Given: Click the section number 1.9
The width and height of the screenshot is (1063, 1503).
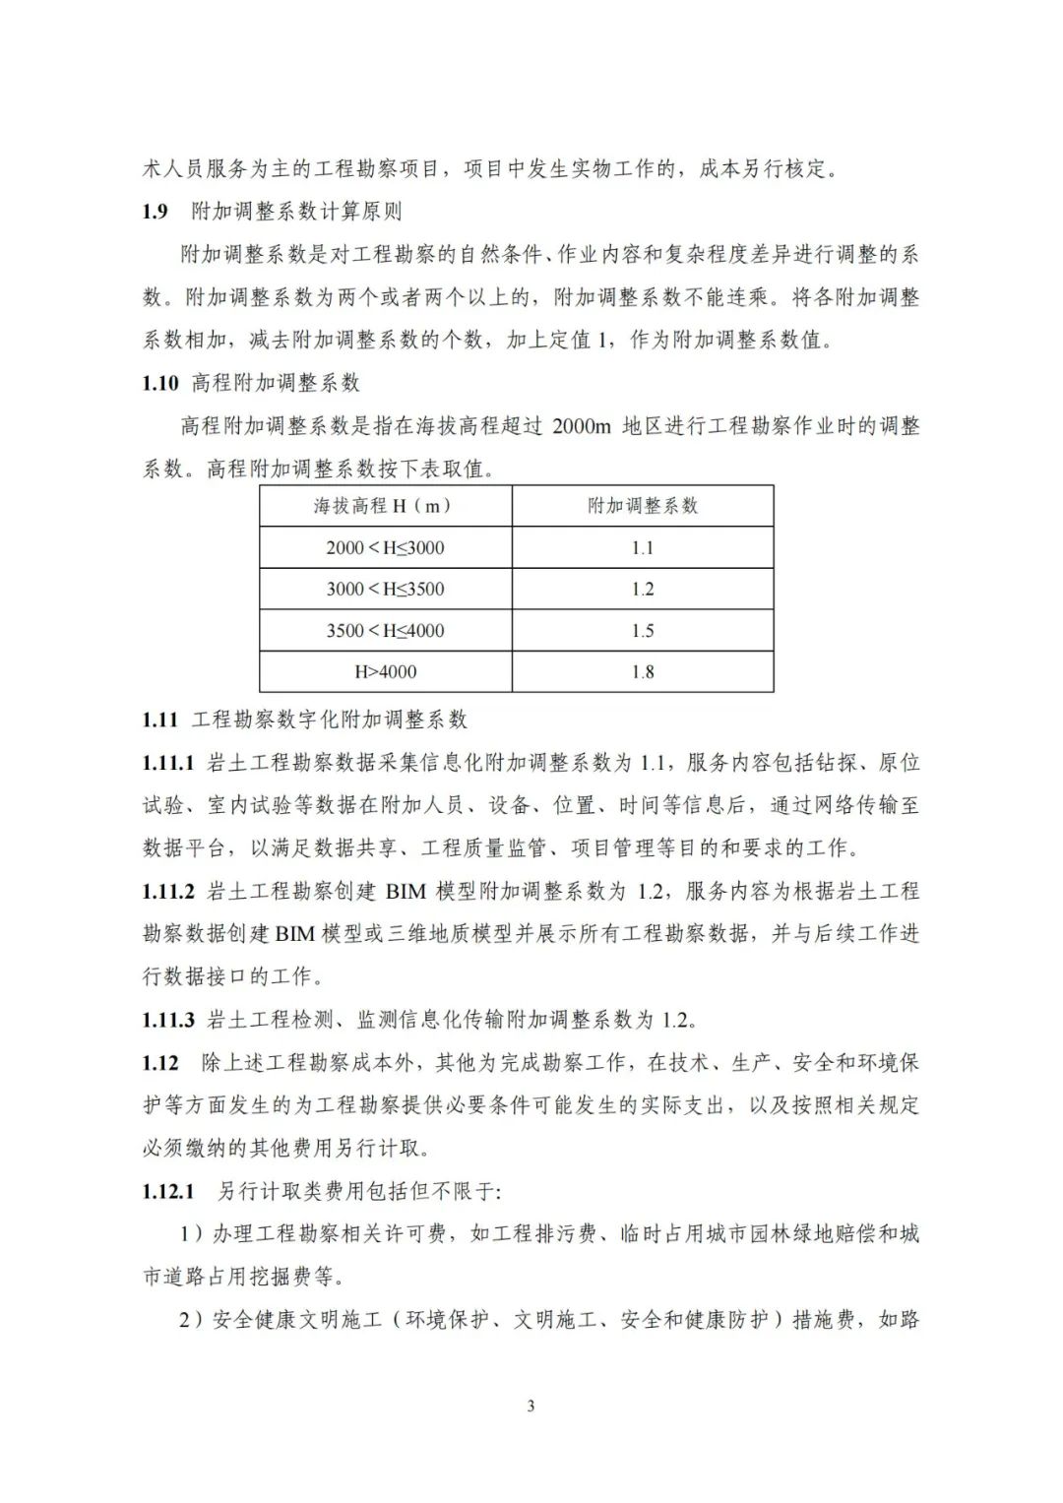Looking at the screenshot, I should (156, 212).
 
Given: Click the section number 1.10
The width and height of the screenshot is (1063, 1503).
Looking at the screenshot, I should (160, 383).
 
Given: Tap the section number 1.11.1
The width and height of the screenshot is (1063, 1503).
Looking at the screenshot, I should (168, 763).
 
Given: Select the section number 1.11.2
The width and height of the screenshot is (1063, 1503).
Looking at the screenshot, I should (168, 891).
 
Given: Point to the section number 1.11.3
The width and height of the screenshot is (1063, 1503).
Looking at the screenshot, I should (168, 1019).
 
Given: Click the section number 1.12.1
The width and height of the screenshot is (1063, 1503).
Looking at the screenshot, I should (168, 1191).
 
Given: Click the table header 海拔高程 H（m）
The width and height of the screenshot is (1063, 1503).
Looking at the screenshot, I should (383, 506).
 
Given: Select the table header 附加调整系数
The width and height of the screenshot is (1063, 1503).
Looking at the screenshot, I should (642, 506).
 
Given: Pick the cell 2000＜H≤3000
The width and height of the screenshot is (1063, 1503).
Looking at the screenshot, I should (385, 548).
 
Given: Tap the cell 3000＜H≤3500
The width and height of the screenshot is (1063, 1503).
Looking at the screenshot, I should (385, 590).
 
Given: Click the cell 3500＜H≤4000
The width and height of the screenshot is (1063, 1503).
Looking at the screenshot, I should (385, 631).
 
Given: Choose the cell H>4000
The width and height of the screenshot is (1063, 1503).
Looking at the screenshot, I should (385, 672).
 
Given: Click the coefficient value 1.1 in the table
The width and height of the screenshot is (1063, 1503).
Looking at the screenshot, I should (642, 548).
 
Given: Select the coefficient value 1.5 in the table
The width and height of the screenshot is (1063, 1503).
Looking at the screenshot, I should (642, 631).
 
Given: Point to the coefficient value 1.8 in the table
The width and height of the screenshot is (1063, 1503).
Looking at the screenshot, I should (642, 672).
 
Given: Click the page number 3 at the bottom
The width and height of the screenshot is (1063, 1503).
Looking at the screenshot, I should (531, 1406).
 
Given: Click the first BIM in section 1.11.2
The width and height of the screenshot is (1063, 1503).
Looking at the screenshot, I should (406, 892).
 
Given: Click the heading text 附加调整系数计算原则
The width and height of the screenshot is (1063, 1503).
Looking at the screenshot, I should (295, 212).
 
